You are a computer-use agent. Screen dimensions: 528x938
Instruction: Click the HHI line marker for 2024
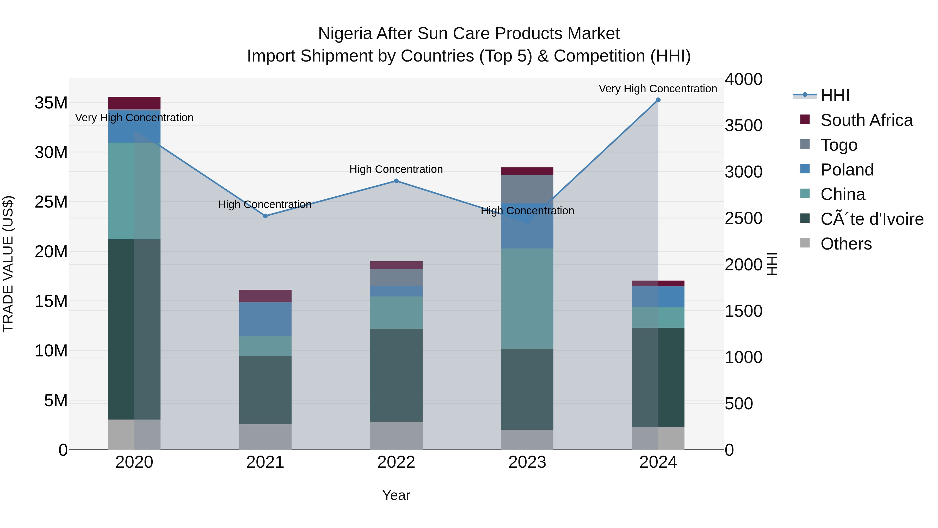pos(658,100)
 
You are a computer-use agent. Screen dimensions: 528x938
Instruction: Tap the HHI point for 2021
pos(265,216)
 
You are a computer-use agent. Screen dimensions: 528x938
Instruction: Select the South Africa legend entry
pos(866,120)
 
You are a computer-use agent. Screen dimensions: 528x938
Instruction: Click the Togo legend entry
pos(838,145)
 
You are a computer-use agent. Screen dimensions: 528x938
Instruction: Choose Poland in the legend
pos(847,170)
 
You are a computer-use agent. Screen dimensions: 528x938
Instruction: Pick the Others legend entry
pos(846,244)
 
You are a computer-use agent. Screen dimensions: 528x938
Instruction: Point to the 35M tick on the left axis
pos(51,103)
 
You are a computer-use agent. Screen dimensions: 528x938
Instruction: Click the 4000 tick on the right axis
pos(743,80)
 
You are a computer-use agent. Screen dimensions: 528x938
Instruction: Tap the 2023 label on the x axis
pos(527,462)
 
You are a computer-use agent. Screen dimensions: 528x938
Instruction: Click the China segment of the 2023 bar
pos(527,299)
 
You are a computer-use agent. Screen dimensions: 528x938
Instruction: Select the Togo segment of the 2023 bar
pos(527,189)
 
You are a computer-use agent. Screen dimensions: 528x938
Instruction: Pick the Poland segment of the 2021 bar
pos(265,319)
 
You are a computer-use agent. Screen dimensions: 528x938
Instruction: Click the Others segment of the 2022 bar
pos(396,436)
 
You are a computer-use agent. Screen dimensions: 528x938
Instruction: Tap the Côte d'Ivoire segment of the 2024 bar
pos(658,377)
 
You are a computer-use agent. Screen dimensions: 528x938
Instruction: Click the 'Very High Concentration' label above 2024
pos(658,89)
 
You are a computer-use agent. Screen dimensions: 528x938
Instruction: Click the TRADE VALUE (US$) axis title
pos(8,264)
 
